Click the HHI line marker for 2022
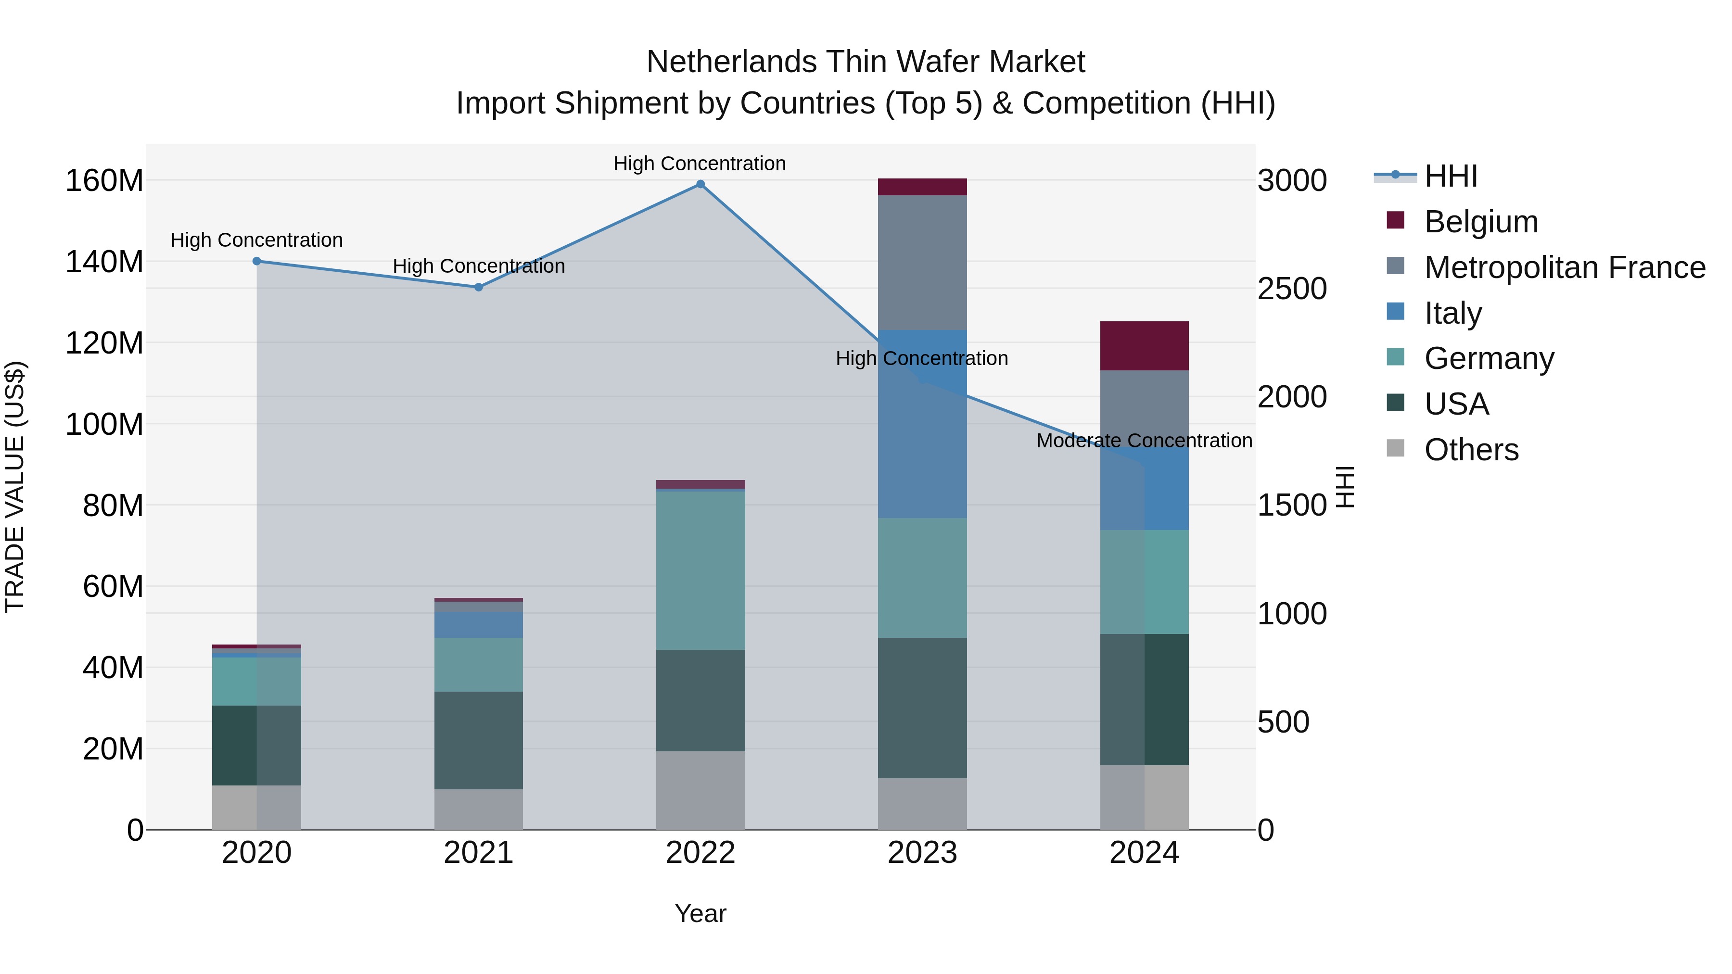[700, 184]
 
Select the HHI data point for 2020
[257, 262]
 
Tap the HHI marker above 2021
[479, 287]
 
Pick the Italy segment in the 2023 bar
[922, 423]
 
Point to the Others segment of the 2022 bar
[700, 790]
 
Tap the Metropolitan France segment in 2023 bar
[922, 262]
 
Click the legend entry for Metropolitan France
[1564, 267]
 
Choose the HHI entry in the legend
[1450, 176]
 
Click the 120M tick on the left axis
[104, 343]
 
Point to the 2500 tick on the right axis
[1292, 289]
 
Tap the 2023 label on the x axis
[922, 853]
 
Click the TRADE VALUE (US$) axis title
[15, 487]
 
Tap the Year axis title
[700, 913]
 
